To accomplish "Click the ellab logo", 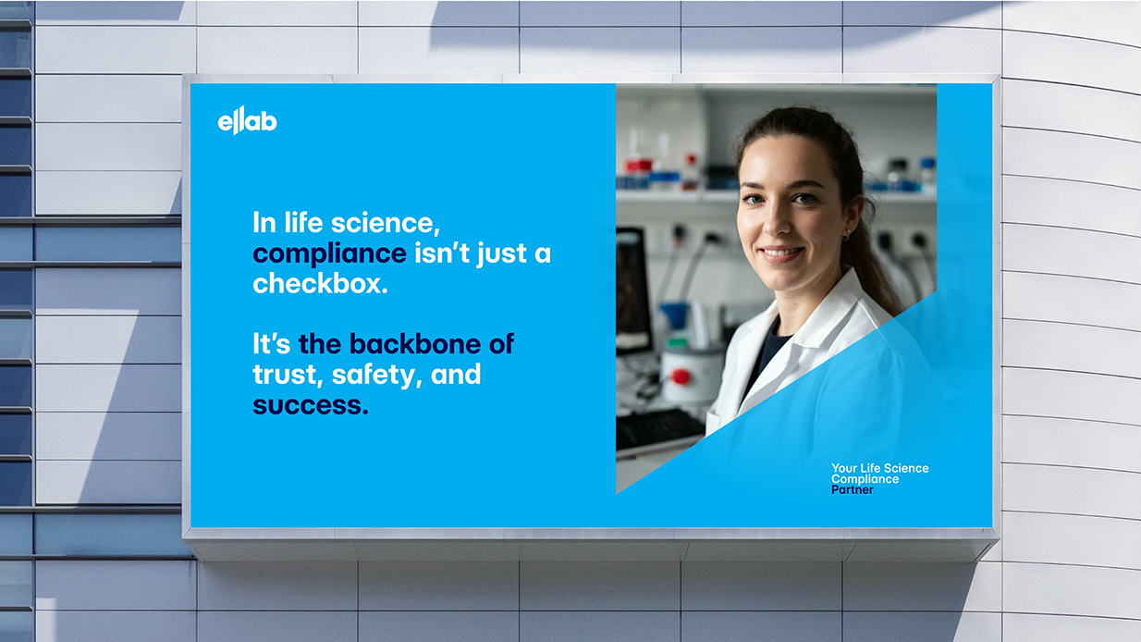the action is (248, 121).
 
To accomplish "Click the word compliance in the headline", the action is (329, 254).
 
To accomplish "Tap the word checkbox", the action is (321, 283).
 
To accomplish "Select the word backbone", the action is (414, 344).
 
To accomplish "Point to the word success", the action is (310, 406).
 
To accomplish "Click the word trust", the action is (288, 375).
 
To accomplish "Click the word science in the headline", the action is (385, 223).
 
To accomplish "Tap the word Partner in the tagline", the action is (853, 489).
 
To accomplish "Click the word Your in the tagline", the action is (844, 468).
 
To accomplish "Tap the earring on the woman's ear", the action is (846, 236).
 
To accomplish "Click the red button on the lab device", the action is (681, 377).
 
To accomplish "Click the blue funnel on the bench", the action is (675, 315).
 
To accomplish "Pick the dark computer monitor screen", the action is (632, 289).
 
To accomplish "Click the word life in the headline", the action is (303, 223).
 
